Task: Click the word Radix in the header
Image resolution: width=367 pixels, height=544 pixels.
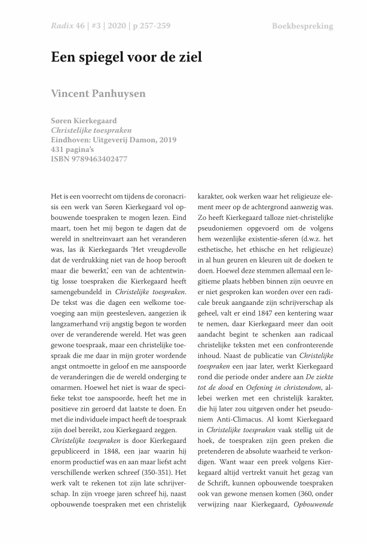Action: click(x=62, y=26)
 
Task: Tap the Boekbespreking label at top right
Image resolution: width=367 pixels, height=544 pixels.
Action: click(x=302, y=26)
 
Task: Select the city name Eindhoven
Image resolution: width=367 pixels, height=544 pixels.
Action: click(x=72, y=139)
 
